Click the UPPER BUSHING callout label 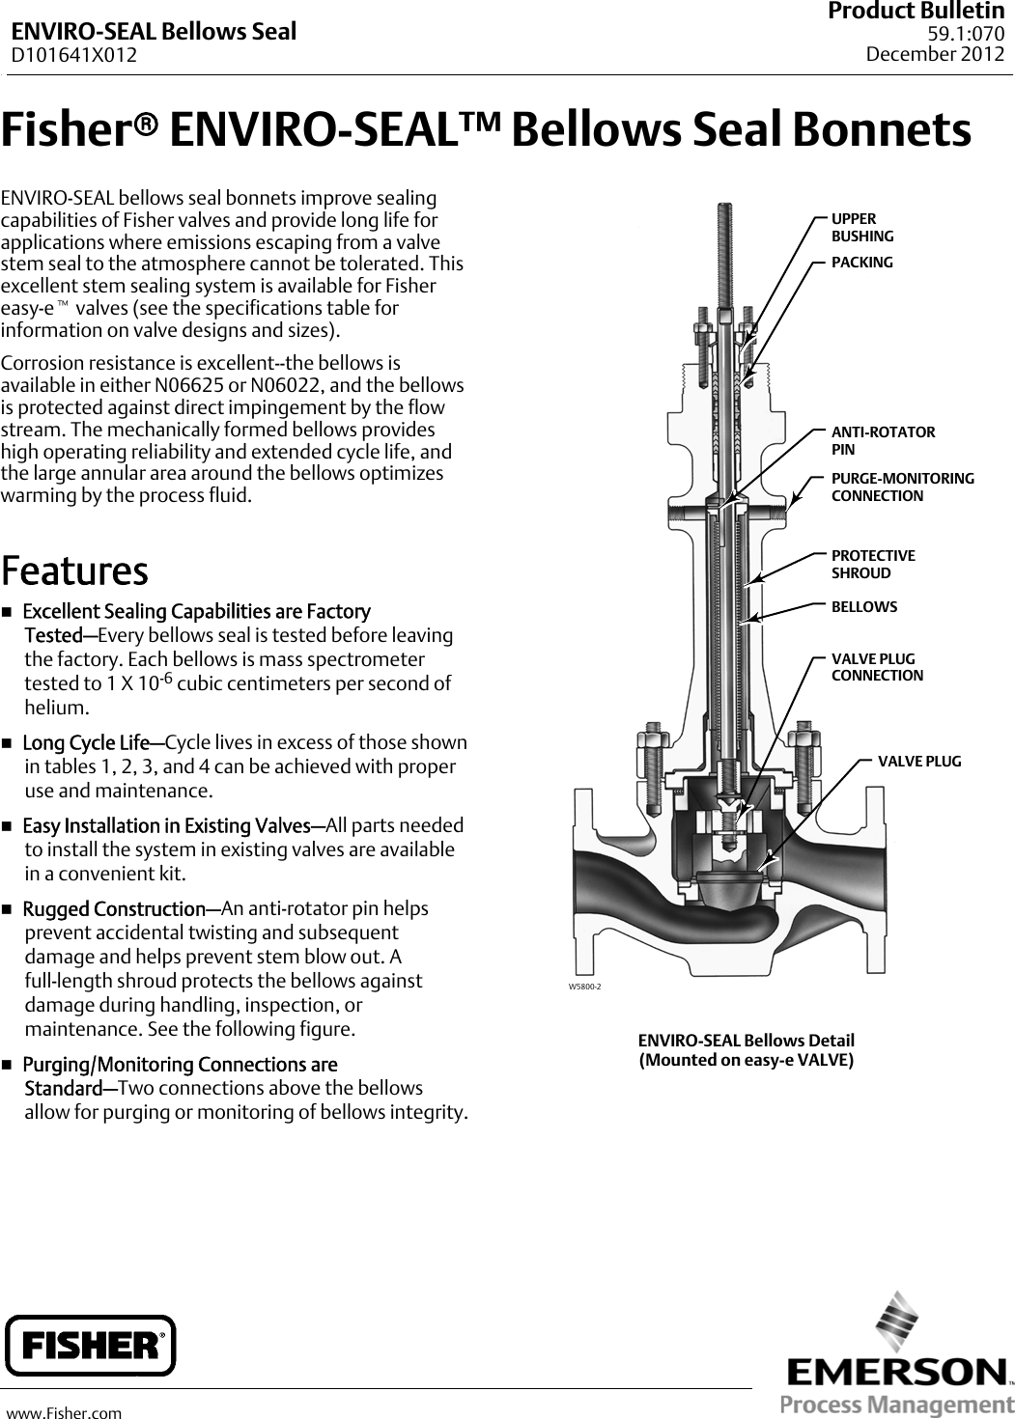point(862,228)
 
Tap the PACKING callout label point(862,263)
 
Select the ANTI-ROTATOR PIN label point(883,440)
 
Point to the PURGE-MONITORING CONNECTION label point(902,487)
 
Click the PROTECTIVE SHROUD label point(873,564)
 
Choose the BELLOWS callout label point(864,607)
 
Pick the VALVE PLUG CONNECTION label point(877,667)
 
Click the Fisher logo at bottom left point(91,1345)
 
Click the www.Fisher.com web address point(65,1413)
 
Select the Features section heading point(74,570)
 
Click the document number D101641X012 point(74,55)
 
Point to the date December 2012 point(935,54)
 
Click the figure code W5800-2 point(584,987)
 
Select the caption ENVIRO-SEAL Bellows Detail point(746,1041)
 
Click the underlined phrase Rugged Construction point(114,909)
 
